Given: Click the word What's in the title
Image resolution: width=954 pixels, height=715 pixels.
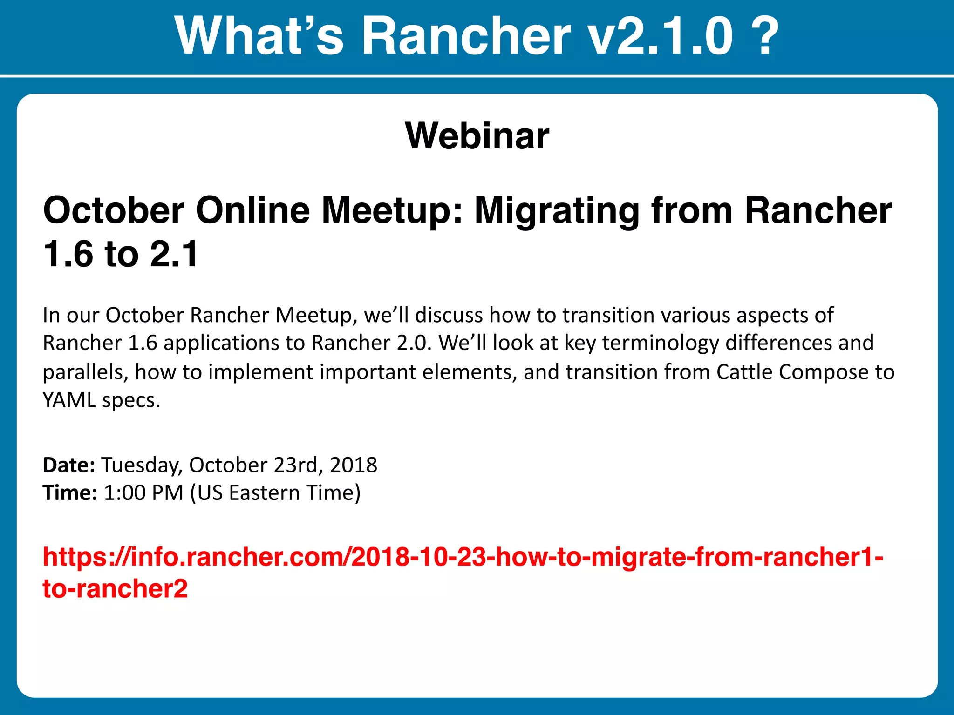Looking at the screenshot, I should (259, 36).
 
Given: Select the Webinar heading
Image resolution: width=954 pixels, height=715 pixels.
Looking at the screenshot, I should (477, 135).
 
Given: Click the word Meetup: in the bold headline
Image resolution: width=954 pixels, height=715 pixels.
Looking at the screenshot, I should (392, 210).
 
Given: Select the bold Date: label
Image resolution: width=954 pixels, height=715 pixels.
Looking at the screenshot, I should (69, 465).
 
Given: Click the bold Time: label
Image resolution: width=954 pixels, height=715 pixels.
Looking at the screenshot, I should (70, 492).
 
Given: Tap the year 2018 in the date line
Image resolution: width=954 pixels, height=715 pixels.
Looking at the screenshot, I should (354, 465).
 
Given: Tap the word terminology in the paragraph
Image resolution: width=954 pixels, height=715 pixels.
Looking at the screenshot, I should (661, 343).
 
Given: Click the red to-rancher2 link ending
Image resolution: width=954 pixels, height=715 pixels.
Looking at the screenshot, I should (115, 588).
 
